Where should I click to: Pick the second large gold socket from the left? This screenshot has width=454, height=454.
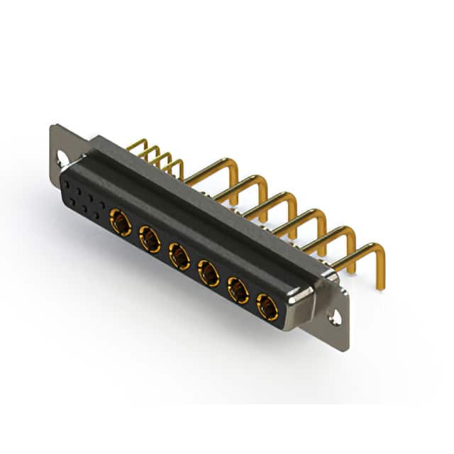[150, 239]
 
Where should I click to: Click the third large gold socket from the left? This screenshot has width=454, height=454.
[179, 255]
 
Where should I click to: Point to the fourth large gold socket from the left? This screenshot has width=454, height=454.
[208, 272]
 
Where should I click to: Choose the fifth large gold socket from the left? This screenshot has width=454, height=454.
[237, 289]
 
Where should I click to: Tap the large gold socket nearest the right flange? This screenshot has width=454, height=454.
[267, 306]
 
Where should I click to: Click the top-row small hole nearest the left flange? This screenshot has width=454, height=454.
[67, 184]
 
